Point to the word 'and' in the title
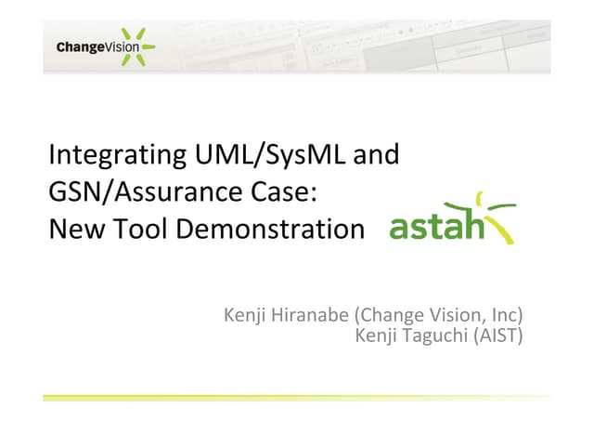(377, 154)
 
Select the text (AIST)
(501, 335)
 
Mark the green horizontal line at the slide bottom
(297, 397)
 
